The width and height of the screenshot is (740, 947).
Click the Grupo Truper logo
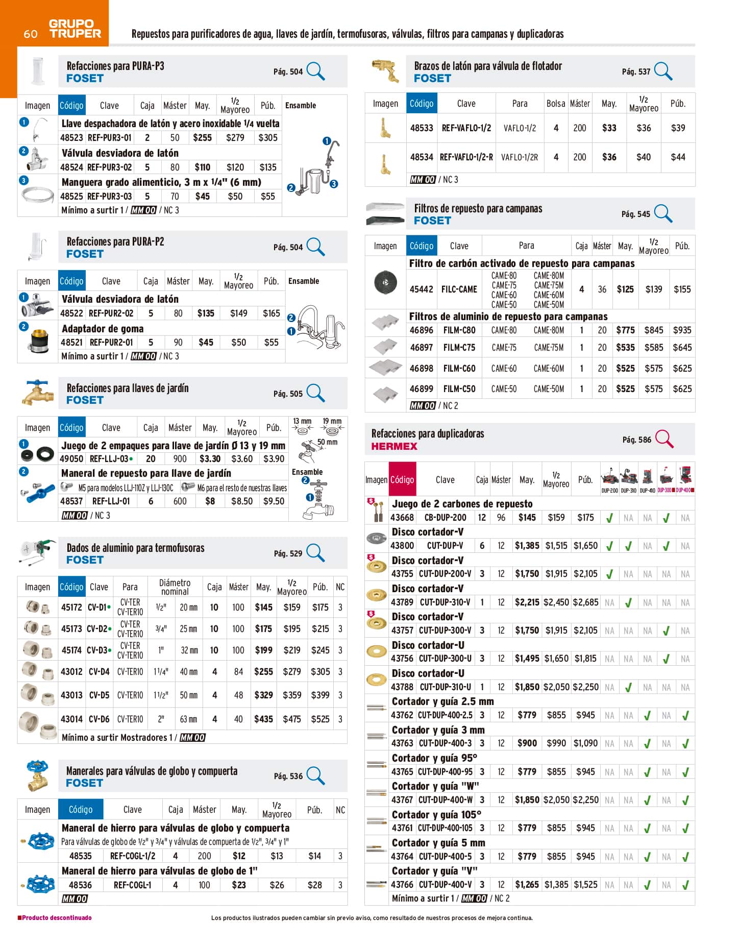click(x=75, y=29)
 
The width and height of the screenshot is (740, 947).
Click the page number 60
click(x=30, y=34)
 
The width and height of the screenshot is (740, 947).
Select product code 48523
click(x=71, y=138)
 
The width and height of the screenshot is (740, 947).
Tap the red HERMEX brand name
click(x=394, y=446)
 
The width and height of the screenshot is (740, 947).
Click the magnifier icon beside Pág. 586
click(x=664, y=439)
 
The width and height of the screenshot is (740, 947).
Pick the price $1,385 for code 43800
click(x=527, y=546)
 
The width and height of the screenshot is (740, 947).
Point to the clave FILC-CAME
click(x=459, y=289)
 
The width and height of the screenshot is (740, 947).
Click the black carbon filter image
click(x=385, y=282)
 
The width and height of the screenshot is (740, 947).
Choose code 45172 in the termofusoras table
click(x=71, y=608)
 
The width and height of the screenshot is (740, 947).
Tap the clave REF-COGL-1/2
click(x=133, y=856)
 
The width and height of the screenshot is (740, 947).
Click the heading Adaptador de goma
click(x=103, y=329)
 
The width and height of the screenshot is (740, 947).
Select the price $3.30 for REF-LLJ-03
click(x=210, y=459)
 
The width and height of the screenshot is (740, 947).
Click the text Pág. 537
click(x=636, y=71)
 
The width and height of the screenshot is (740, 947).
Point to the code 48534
click(x=422, y=157)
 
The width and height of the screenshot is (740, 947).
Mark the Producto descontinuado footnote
click(x=55, y=917)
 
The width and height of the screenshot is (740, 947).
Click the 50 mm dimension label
click(x=327, y=442)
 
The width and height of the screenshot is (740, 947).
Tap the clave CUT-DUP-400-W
click(x=445, y=800)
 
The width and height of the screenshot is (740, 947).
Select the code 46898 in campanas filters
click(x=421, y=369)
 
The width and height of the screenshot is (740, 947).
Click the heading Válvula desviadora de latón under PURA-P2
click(x=120, y=299)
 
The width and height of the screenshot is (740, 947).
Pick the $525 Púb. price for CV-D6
click(x=320, y=719)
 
